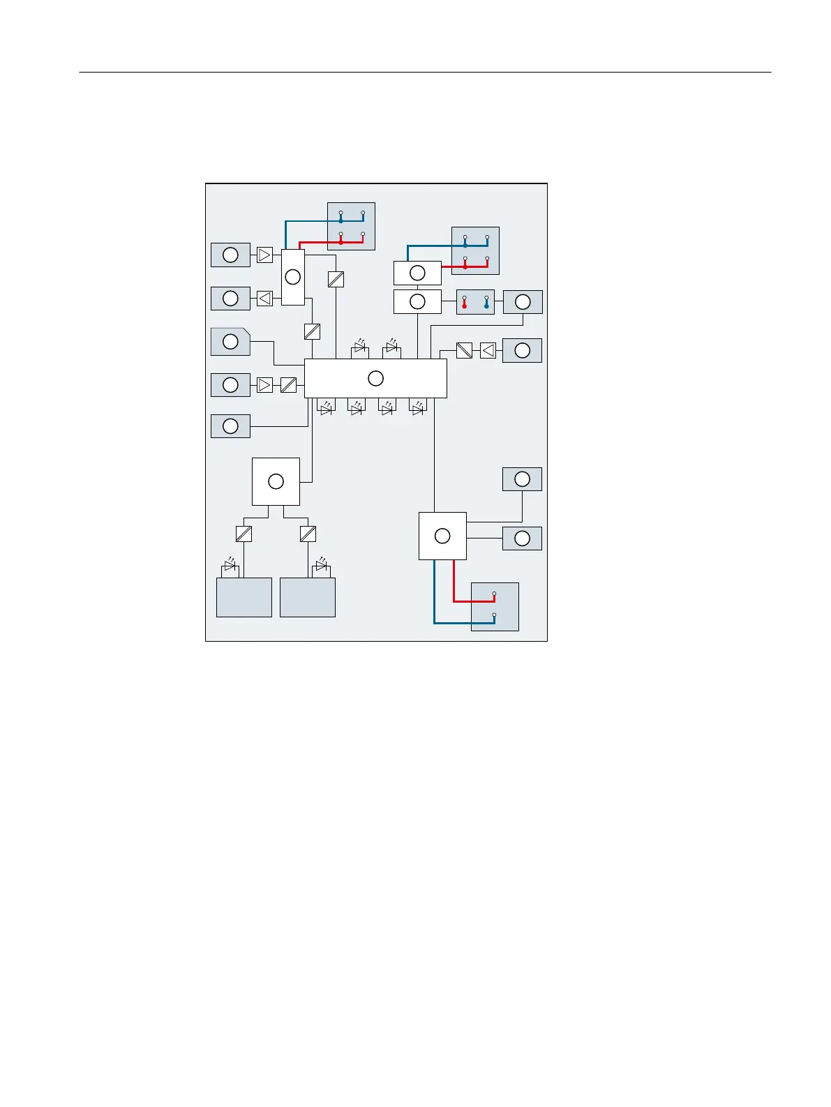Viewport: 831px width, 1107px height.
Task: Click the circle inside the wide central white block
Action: (x=375, y=378)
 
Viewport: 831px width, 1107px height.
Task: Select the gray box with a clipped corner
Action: (x=230, y=341)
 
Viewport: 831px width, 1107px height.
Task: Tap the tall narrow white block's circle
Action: (x=293, y=277)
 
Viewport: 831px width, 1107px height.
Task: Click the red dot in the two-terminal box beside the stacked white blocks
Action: (x=464, y=306)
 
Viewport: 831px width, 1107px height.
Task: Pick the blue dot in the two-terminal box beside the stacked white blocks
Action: (x=486, y=306)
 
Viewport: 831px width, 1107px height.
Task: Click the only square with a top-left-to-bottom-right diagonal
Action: (x=464, y=350)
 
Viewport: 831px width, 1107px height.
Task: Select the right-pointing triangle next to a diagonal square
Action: (x=264, y=384)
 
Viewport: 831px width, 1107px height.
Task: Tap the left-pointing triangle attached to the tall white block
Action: (x=264, y=299)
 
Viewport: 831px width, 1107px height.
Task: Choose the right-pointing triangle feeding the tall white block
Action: (x=264, y=255)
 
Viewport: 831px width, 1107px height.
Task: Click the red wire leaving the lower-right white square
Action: (x=454, y=582)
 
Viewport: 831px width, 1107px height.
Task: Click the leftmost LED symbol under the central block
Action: (x=326, y=409)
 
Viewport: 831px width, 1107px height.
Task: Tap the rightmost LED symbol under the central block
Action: (x=418, y=409)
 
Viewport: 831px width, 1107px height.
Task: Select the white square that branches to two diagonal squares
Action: (x=276, y=481)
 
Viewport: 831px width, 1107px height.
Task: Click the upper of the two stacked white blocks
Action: (x=417, y=273)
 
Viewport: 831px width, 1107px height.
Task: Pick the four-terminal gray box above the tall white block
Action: (x=351, y=226)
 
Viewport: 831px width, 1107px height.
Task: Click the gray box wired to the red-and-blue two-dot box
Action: (x=523, y=302)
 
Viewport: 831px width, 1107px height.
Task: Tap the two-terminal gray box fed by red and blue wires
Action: (x=495, y=606)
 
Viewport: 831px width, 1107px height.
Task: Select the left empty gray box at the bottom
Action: (x=244, y=597)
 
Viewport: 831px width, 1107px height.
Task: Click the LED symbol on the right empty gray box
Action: (x=322, y=564)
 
